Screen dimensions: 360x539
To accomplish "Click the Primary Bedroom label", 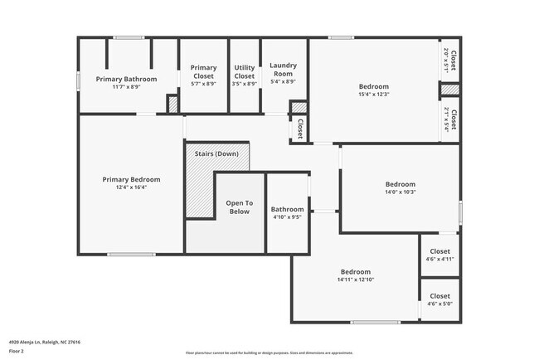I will pos(131,179).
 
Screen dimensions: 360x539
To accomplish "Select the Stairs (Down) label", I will pos(216,154).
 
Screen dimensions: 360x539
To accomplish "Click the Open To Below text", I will pos(240,207).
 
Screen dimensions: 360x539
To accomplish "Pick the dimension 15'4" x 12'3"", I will pos(373,94).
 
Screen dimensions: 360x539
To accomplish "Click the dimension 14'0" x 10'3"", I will pos(400,192).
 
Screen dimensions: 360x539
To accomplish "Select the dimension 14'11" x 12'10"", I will pos(355,280).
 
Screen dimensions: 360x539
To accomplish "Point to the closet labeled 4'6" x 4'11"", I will pos(439,259).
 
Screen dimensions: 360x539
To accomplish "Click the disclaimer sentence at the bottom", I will pos(269,353).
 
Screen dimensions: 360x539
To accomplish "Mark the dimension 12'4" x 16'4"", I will pos(131,187).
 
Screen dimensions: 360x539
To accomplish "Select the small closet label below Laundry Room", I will pos(299,129).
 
